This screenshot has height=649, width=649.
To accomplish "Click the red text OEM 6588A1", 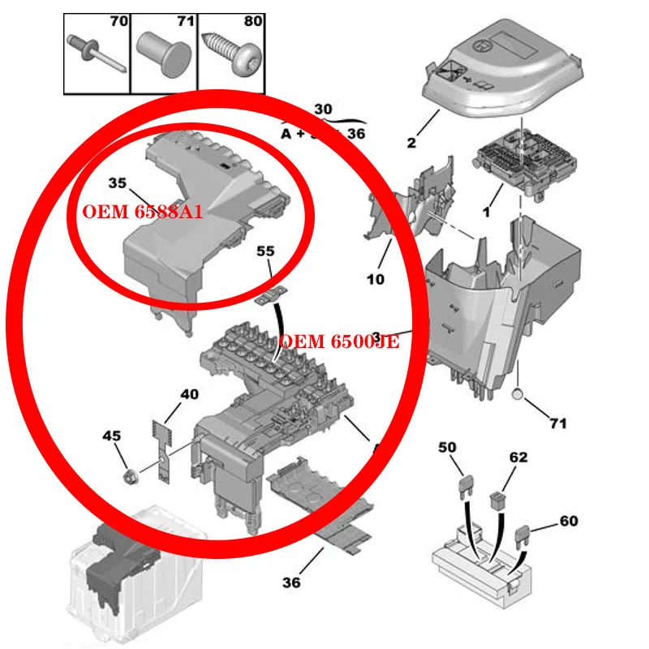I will pos(142,212).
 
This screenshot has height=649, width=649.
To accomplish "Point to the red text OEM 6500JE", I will pos(339,342).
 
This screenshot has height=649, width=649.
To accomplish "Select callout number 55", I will pos(265,251).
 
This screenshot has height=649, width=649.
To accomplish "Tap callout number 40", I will pos(188,394).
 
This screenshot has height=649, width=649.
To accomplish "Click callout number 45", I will pos(111,436).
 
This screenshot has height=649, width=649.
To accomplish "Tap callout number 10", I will pos(375,280).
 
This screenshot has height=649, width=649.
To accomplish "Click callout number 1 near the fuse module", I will pos(486,212).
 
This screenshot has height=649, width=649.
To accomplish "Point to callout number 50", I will pos(447,447).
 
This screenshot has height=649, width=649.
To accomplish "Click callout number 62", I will pos(518,458).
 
